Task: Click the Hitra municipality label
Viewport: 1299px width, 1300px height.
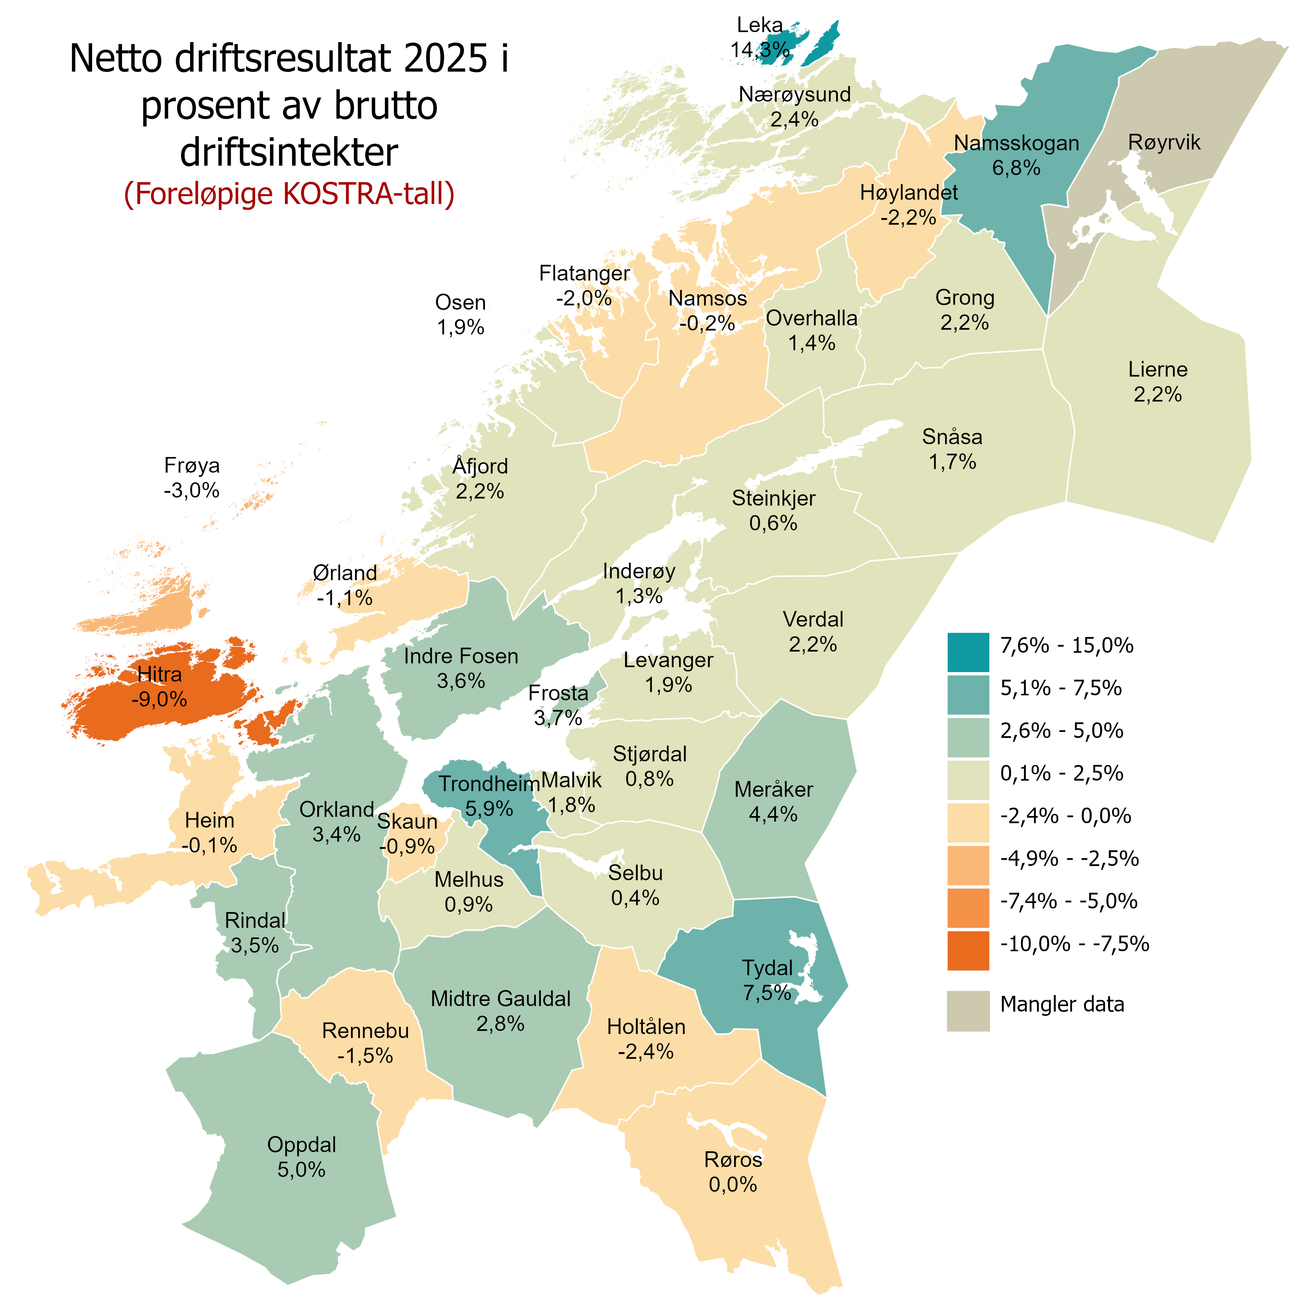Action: (159, 674)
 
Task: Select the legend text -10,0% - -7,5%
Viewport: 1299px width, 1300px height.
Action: (1074, 944)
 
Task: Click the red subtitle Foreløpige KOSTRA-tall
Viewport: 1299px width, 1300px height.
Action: (289, 194)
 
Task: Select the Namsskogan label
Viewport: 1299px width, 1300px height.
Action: (1016, 143)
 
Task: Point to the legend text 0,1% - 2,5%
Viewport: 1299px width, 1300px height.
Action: (1061, 773)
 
